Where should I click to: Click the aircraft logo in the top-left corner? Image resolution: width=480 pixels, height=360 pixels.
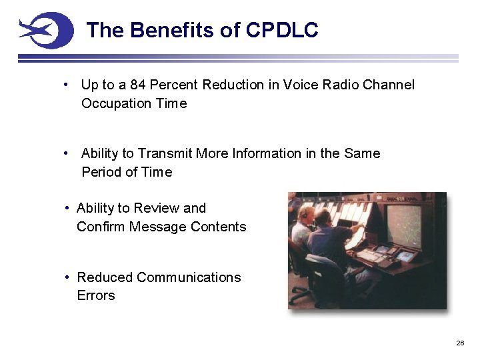45,31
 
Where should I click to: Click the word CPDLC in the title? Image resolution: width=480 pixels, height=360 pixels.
282,30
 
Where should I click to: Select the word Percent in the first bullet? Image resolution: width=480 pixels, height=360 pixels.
174,85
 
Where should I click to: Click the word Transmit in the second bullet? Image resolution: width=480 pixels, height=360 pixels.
166,153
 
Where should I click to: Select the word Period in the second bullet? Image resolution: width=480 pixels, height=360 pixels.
101,172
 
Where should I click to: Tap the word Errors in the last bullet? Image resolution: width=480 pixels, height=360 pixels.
96,295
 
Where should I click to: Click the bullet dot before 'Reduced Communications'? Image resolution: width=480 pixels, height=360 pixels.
67,277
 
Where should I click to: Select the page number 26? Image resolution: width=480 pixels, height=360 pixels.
459,343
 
